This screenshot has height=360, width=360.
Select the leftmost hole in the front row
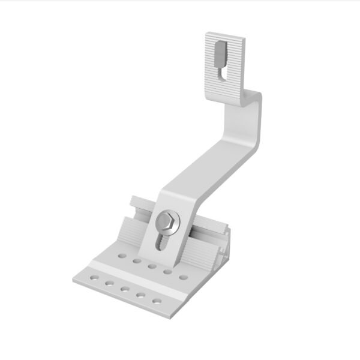click(x=93, y=278)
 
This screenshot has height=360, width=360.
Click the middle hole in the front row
click(x=125, y=289)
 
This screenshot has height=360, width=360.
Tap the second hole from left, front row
click(x=109, y=284)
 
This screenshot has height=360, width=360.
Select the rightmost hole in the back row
click(x=184, y=277)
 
